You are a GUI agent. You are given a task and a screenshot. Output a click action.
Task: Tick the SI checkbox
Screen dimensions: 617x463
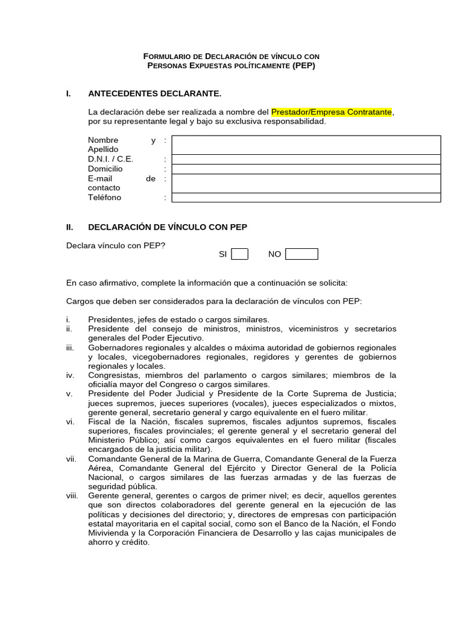point(240,254)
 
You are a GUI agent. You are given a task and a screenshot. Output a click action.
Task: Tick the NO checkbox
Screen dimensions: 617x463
point(301,254)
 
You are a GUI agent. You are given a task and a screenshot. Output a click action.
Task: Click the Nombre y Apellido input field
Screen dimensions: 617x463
point(306,145)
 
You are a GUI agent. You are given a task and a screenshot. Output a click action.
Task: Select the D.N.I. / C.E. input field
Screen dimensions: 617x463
point(306,159)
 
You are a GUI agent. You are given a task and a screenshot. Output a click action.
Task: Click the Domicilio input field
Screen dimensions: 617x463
point(306,169)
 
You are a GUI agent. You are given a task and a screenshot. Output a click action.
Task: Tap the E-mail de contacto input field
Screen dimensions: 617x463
point(306,183)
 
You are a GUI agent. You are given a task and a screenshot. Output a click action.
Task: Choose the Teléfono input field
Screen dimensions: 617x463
point(306,198)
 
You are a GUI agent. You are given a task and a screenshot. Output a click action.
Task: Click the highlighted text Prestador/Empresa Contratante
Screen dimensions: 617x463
point(332,111)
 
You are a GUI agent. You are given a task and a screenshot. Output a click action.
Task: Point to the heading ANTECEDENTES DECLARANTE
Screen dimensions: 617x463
point(155,93)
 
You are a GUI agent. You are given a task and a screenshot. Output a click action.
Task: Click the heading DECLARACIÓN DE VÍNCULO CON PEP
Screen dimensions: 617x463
point(168,227)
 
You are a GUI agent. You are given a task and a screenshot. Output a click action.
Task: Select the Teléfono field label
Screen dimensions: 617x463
point(104,198)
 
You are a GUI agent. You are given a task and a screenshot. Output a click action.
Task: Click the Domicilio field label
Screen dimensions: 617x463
point(105,169)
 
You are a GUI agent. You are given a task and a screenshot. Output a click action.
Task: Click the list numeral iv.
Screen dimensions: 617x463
point(70,375)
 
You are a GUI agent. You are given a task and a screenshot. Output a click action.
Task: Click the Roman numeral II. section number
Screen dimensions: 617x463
point(69,227)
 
